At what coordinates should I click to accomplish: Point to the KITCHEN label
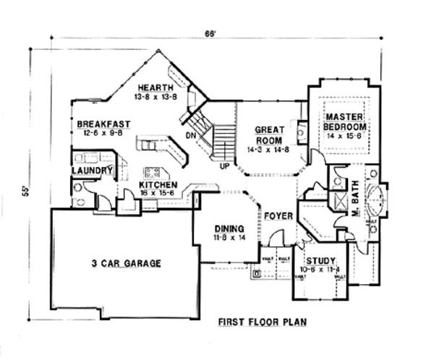[157, 184]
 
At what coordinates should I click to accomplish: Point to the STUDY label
[318, 262]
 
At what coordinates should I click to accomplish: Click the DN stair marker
[191, 134]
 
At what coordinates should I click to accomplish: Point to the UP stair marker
[226, 165]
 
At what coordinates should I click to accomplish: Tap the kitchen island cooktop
[153, 172]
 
